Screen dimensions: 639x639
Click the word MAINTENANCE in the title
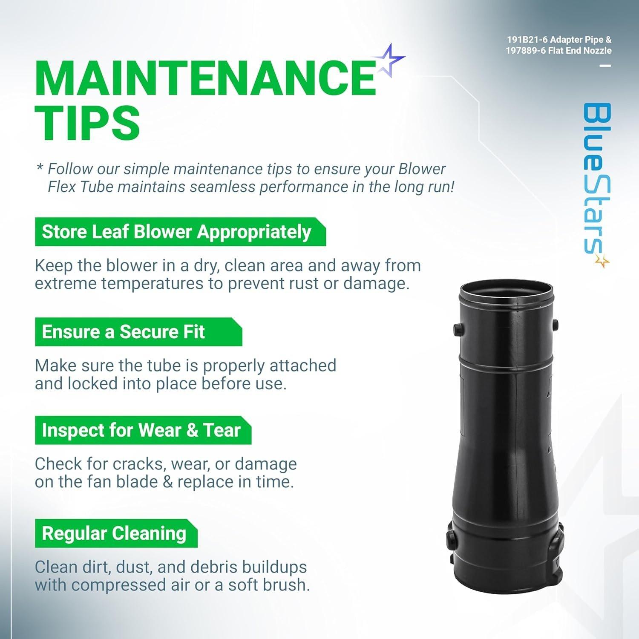coord(206,78)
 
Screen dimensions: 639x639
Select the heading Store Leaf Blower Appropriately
coord(176,232)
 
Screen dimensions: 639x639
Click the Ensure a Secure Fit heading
coord(123,331)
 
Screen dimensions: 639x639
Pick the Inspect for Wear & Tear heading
coord(141,430)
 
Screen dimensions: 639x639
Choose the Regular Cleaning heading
coord(114,533)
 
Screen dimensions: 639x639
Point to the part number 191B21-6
coord(526,40)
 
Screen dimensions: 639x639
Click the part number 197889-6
coord(525,51)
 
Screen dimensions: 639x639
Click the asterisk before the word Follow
coord(40,167)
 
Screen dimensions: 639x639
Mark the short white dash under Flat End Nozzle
coord(605,66)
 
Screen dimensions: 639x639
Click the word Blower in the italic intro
coord(422,169)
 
